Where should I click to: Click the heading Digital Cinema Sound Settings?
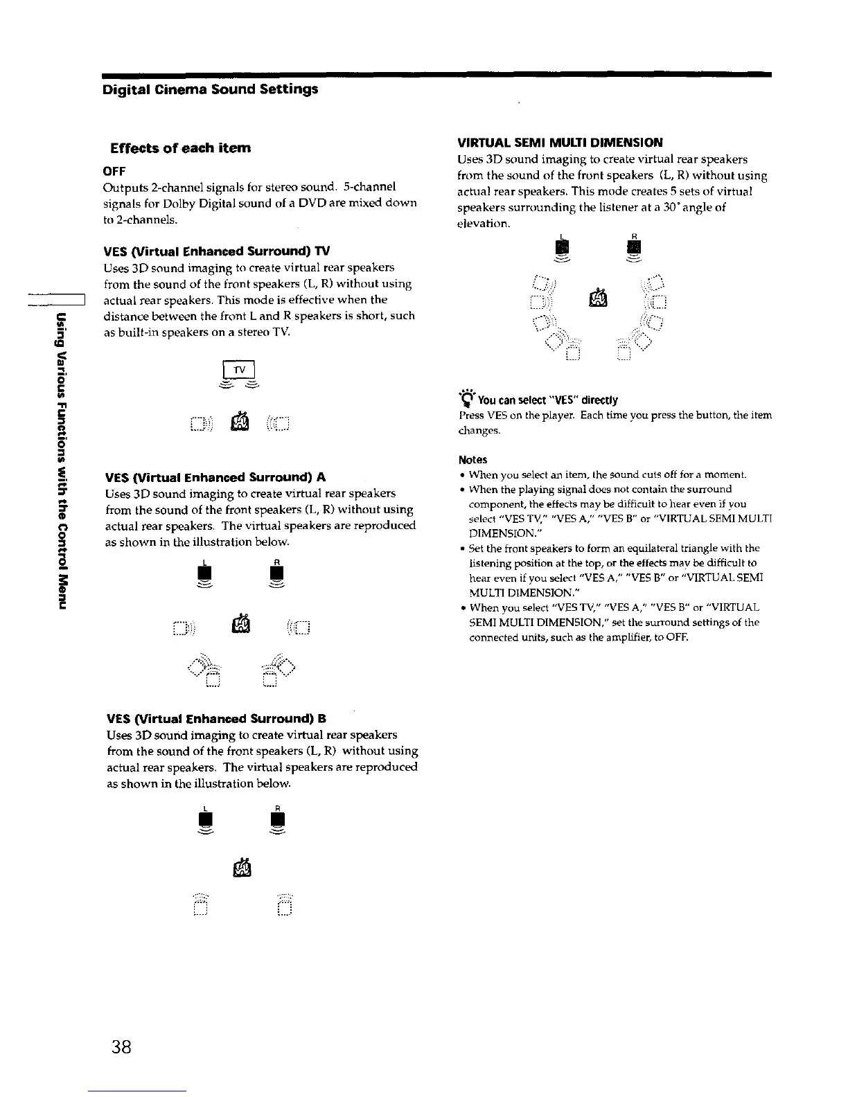(x=210, y=89)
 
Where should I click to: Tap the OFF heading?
(x=114, y=170)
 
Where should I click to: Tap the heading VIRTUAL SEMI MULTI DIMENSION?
(x=560, y=143)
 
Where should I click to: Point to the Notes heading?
(x=472, y=460)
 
